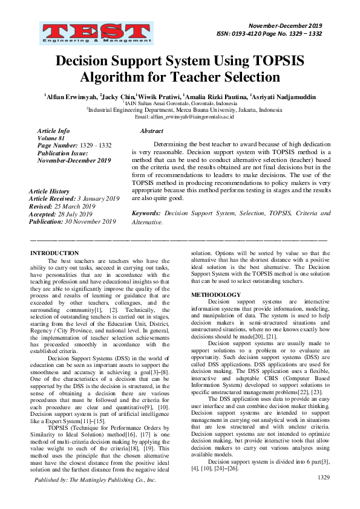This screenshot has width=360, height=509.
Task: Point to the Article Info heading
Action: (53, 131)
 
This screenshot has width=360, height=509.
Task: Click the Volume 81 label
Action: (50, 138)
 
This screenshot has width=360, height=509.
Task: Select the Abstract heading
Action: (151, 131)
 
